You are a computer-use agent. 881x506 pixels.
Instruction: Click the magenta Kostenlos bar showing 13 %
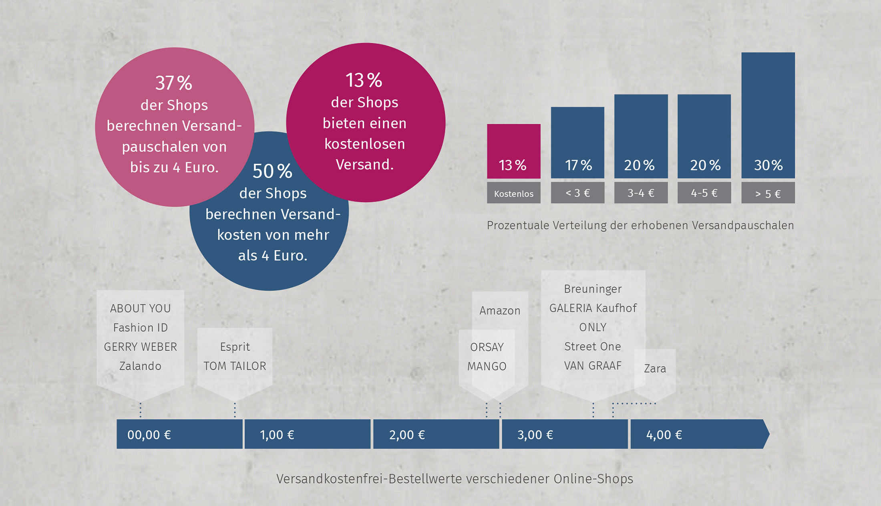coord(513,151)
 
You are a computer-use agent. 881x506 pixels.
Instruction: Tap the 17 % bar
coord(577,143)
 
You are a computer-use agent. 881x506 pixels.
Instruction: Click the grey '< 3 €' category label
coord(577,193)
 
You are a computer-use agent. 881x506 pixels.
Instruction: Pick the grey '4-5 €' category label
coord(704,193)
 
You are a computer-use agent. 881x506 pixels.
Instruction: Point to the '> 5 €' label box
coord(768,193)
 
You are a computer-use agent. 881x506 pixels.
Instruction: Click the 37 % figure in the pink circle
coord(174,83)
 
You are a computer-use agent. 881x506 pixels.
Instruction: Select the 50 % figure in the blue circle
coord(272,171)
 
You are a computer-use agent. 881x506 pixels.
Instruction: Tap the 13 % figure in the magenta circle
coord(364,80)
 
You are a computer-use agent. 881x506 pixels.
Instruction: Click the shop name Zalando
coord(140,366)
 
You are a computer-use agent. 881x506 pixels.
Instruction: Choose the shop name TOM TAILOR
coord(235,366)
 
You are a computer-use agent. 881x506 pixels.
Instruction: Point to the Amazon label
coord(500,310)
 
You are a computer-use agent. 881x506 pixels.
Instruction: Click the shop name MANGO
coord(487,366)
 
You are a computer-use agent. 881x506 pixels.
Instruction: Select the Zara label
coord(655,368)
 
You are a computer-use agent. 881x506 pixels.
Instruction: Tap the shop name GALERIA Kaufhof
coord(593,308)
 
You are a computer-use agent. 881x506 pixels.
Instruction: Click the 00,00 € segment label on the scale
coord(149,435)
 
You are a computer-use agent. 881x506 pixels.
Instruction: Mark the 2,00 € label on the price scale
coord(407,435)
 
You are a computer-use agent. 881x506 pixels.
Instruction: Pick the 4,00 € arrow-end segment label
coord(664,435)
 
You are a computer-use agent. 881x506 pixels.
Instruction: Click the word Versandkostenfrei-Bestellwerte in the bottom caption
coord(368,479)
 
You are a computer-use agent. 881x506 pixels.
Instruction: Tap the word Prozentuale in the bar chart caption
coord(517,226)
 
